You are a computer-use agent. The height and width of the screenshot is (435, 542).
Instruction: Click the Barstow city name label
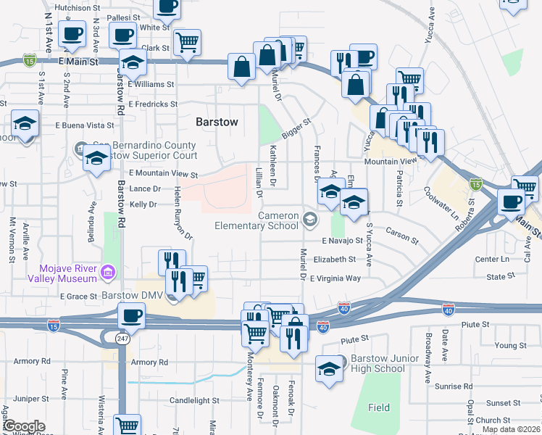(217, 122)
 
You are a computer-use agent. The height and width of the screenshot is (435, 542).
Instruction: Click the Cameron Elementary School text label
(256, 221)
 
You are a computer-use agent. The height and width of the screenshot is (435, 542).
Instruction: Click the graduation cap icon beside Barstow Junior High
(329, 368)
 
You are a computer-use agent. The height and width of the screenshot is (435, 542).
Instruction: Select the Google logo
(23, 426)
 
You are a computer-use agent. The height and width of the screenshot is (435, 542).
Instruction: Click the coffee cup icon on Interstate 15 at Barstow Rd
(132, 315)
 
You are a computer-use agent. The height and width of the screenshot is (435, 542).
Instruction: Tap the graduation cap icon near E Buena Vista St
(25, 125)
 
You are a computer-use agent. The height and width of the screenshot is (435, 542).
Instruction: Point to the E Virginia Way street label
(335, 278)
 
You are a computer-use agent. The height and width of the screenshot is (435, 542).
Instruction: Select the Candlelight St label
(194, 400)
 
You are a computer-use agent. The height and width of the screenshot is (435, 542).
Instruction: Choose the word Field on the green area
(378, 408)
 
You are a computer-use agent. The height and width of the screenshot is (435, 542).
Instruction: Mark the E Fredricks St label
(152, 104)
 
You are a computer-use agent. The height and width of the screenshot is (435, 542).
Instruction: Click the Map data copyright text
(511, 429)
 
